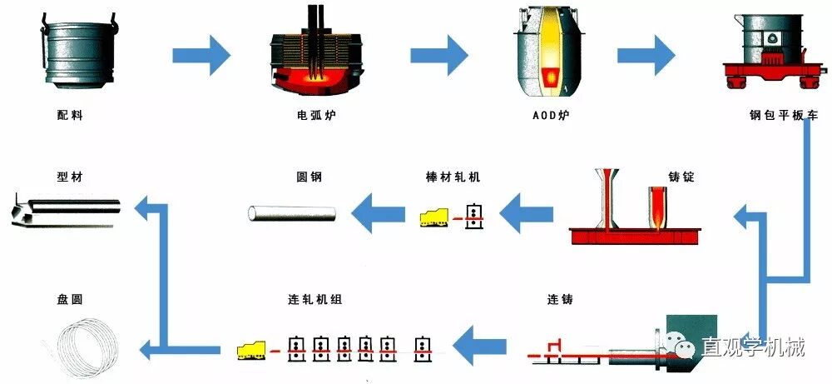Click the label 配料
click(x=65, y=115)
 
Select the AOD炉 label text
click(x=546, y=115)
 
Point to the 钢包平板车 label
click(x=772, y=115)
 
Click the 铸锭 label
click(x=681, y=177)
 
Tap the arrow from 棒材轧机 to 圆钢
click(x=379, y=216)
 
